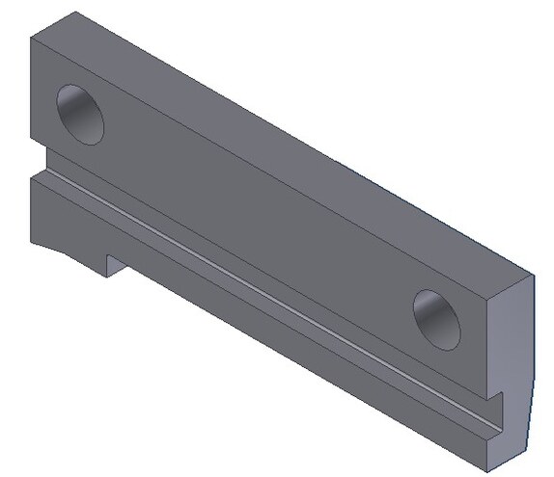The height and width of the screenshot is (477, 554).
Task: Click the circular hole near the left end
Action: (x=80, y=114)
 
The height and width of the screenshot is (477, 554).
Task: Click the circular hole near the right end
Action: (x=439, y=319)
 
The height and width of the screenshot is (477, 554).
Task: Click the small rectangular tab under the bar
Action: (x=114, y=263)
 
